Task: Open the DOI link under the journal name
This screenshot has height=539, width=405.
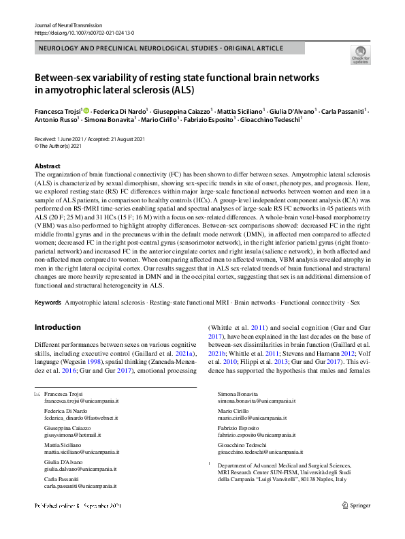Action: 84,32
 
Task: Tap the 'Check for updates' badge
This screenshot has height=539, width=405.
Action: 360,54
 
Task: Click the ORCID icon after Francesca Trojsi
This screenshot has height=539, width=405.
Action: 86,110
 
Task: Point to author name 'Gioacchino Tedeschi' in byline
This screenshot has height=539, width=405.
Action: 272,119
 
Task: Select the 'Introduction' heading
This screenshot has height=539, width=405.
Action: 57,327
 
